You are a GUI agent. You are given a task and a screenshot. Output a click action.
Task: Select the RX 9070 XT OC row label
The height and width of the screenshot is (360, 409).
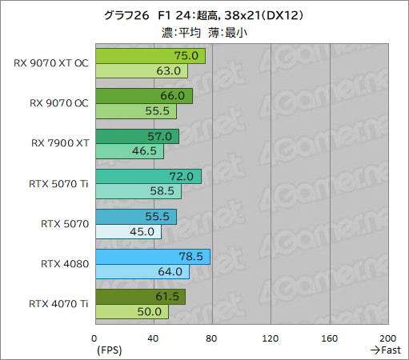(51, 63)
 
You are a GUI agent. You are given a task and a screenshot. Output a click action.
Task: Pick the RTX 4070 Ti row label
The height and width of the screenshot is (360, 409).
(58, 303)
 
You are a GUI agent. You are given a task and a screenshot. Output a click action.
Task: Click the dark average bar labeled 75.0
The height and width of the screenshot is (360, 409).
(150, 56)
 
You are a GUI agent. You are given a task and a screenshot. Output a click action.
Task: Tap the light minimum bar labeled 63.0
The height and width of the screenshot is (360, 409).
(141, 71)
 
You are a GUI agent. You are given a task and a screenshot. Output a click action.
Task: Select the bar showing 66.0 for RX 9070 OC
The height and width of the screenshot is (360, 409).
(143, 96)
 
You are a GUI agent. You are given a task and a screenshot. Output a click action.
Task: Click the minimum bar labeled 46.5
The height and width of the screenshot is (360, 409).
(129, 151)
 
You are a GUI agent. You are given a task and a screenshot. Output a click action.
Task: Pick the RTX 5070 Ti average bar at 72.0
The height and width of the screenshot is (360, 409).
(147, 176)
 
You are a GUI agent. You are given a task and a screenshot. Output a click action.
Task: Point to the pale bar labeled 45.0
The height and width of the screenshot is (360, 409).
(128, 231)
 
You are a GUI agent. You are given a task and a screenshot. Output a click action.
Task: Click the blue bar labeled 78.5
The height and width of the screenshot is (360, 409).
(152, 256)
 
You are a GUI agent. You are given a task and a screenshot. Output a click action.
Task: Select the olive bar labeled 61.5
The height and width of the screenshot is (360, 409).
(140, 296)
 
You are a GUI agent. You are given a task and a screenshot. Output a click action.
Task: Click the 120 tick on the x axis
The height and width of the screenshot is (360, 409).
(271, 338)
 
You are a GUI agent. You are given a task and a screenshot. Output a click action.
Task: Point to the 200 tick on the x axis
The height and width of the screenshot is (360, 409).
(387, 338)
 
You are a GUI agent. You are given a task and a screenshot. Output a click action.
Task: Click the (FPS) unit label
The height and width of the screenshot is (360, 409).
(108, 350)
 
